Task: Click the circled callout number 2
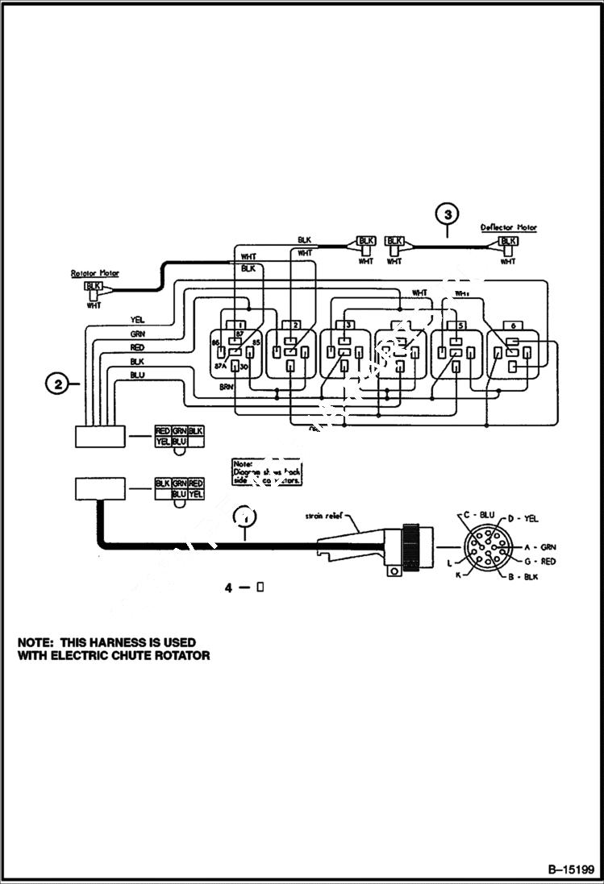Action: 57,384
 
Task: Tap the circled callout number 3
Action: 448,214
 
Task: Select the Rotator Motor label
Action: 94,274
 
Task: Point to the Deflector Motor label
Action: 508,228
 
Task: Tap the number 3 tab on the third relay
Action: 348,324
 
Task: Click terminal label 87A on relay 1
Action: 219,365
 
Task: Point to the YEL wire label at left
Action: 137,320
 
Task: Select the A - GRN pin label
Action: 539,546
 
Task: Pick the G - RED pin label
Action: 539,561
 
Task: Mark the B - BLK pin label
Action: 523,577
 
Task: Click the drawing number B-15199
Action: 570,869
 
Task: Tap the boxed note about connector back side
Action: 266,472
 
